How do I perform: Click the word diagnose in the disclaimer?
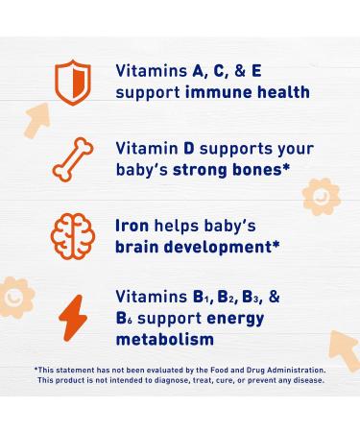point(171,381)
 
